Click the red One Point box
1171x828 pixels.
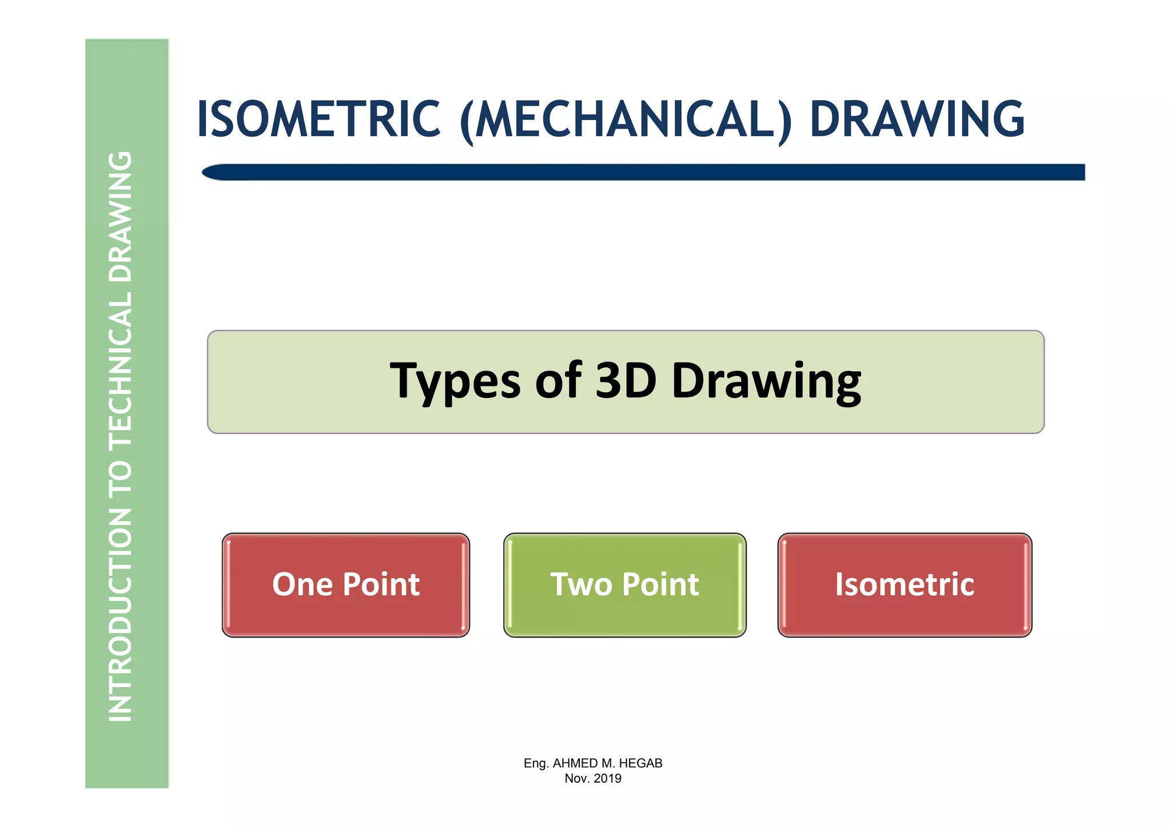(x=345, y=584)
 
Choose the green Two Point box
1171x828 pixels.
(x=624, y=584)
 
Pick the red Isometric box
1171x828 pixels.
(x=905, y=584)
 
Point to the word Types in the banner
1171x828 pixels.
(x=455, y=381)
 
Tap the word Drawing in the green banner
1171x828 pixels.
(x=766, y=381)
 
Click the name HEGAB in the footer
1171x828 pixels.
(x=640, y=763)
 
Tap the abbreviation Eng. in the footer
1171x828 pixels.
(x=536, y=763)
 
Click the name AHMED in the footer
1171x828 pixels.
(x=574, y=763)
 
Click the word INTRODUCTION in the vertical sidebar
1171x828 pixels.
(x=121, y=615)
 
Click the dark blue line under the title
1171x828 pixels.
(x=643, y=172)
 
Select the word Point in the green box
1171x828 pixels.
(x=660, y=584)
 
